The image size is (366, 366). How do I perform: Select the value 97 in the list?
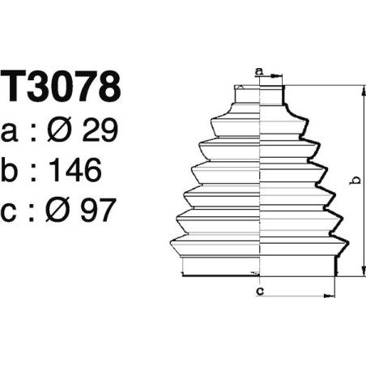click(x=99, y=211)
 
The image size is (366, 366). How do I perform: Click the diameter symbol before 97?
click(x=64, y=211)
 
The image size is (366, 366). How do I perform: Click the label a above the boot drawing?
click(x=258, y=72)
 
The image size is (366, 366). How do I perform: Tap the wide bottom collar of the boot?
click(x=258, y=266)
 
